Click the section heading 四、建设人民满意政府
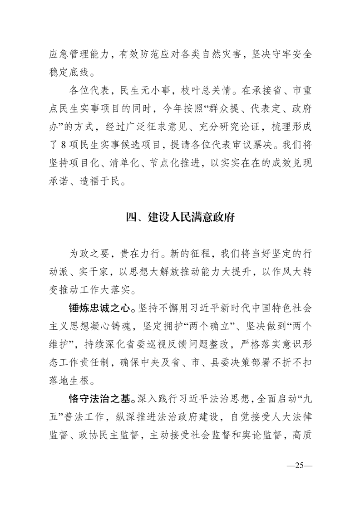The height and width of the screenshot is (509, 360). tap(180, 216)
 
